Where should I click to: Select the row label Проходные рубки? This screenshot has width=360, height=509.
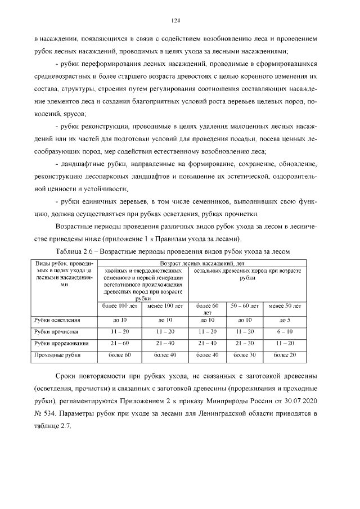click(x=53, y=355)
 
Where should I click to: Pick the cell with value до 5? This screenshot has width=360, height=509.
click(x=284, y=319)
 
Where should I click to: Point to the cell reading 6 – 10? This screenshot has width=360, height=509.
click(x=284, y=331)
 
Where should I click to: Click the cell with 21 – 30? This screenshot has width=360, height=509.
click(x=245, y=343)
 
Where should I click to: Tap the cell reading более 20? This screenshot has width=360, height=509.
click(x=284, y=355)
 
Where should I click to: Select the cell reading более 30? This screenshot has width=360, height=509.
click(x=245, y=355)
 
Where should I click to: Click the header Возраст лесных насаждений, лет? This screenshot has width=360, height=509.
click(x=202, y=263)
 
